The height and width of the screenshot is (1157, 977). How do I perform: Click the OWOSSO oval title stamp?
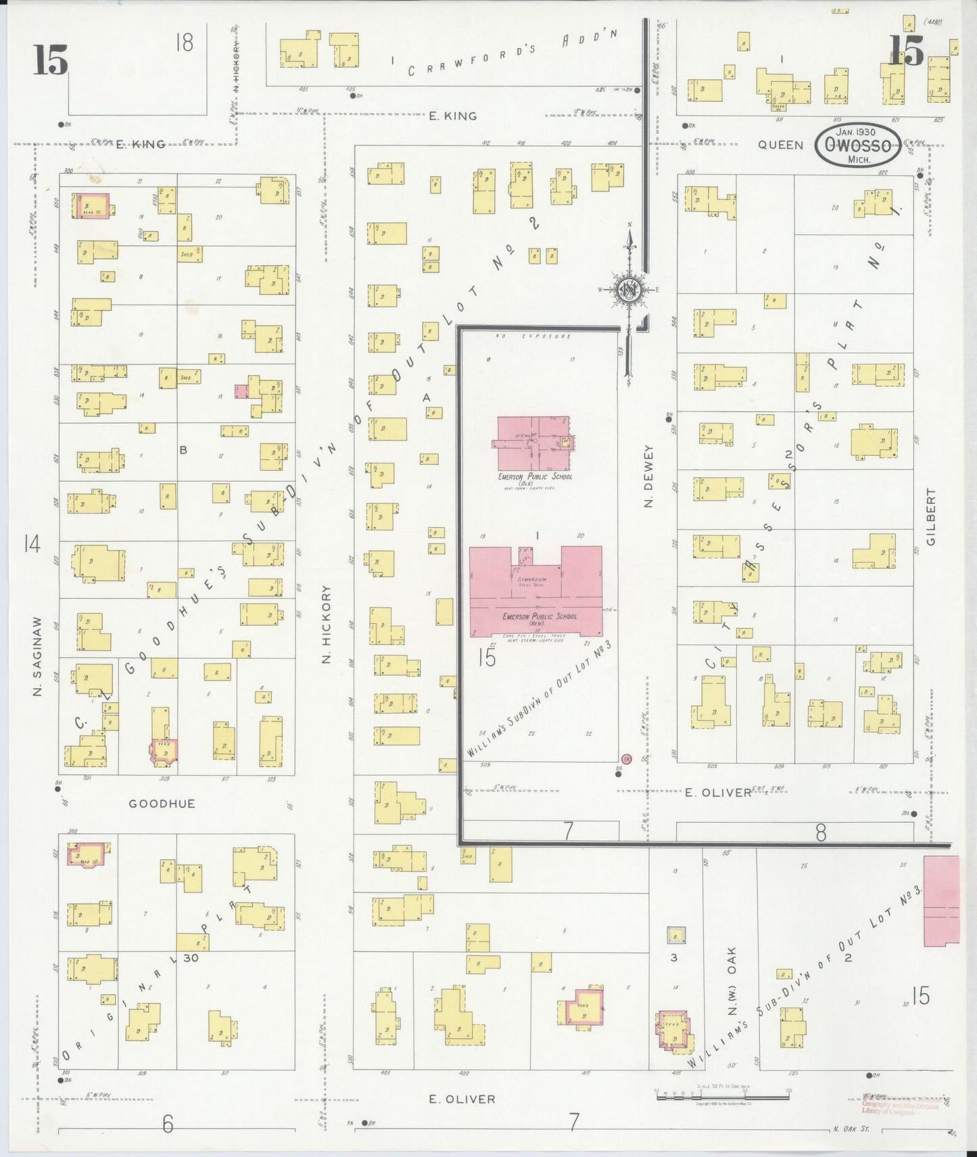click(x=857, y=145)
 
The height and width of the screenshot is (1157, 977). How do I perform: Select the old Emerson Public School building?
click(x=533, y=443)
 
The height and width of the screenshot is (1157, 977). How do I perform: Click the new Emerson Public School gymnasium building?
click(x=535, y=591)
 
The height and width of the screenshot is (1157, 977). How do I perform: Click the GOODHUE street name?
click(x=162, y=804)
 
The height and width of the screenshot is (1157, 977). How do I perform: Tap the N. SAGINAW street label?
click(x=37, y=656)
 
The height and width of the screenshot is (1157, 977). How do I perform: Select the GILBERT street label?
click(x=931, y=517)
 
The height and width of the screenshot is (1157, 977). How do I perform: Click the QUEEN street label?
click(x=780, y=145)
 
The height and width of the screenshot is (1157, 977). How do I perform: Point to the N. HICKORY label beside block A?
click(x=327, y=624)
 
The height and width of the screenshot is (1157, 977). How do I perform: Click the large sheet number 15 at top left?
click(x=50, y=60)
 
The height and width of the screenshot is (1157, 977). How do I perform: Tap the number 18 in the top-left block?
click(x=184, y=43)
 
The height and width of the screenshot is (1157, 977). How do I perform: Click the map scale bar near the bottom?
click(x=722, y=1095)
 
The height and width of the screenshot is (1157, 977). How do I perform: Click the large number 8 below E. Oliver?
click(x=820, y=832)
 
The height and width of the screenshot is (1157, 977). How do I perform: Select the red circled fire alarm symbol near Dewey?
click(x=627, y=759)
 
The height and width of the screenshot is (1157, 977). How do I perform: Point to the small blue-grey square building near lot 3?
click(x=675, y=936)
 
